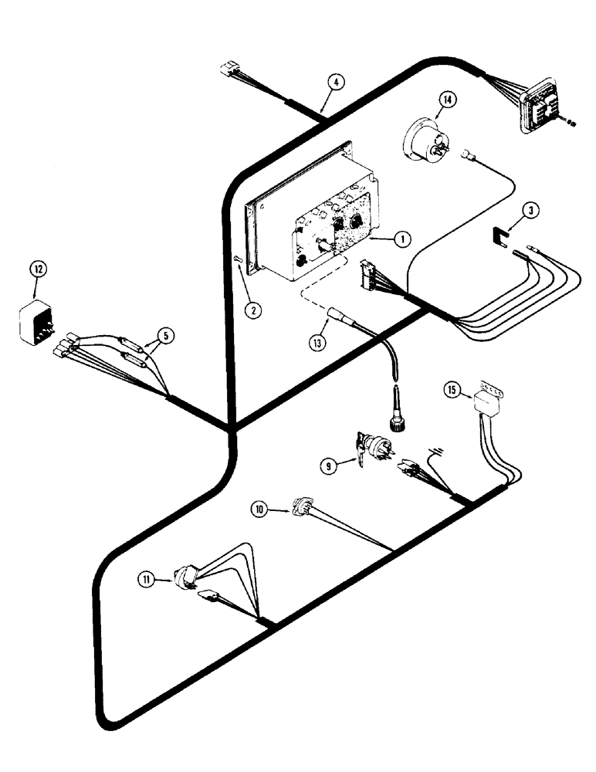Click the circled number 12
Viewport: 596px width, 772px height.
click(x=38, y=269)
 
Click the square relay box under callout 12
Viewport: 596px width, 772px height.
click(x=36, y=323)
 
